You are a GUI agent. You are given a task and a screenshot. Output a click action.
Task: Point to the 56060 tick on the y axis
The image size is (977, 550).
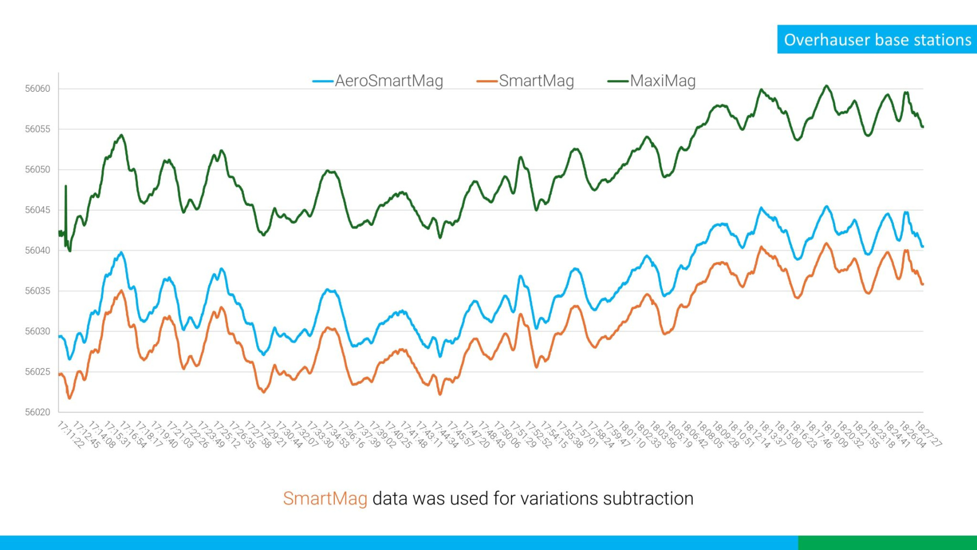pos(37,88)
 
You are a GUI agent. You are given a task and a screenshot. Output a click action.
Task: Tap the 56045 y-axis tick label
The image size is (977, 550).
pos(37,210)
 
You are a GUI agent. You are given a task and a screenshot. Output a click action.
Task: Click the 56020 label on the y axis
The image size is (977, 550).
pos(37,412)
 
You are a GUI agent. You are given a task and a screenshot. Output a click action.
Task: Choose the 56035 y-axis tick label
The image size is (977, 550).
pos(37,291)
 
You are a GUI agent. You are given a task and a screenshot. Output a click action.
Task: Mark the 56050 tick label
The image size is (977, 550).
pos(37,169)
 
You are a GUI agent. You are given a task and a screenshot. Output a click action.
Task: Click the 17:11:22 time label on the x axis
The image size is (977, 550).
pos(71,434)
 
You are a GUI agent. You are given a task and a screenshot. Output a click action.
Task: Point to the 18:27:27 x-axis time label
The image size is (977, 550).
pos(928,434)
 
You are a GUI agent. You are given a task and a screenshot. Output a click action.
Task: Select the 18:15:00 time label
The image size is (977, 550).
pos(787,434)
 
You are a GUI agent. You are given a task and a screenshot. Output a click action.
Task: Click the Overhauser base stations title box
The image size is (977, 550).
pos(877,40)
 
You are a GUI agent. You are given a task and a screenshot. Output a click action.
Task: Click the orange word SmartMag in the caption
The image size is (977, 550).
pos(325,498)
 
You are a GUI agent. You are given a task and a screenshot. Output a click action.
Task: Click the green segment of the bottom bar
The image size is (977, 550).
pos(887,542)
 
